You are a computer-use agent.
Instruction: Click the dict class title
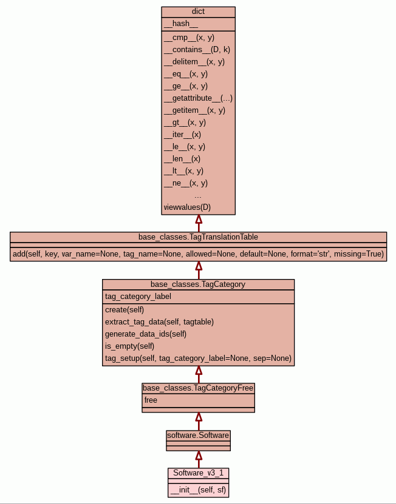[198, 12]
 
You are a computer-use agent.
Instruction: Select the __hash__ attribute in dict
[181, 24]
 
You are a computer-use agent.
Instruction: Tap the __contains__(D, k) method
[197, 50]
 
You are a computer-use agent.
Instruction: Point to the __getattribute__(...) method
[198, 98]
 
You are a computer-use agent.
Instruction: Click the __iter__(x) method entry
[182, 135]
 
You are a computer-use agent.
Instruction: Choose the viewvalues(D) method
[187, 207]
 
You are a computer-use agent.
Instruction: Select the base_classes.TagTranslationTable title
[198, 237]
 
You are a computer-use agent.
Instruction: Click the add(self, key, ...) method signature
[198, 254]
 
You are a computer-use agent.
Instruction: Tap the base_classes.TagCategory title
[198, 284]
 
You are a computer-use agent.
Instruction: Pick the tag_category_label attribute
[138, 297]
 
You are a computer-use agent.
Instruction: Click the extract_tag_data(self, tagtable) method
[159, 322]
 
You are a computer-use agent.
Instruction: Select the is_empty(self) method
[130, 346]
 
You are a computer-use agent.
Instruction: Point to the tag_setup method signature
[198, 358]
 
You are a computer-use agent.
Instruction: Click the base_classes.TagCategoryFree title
[198, 388]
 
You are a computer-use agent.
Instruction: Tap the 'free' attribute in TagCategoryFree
[151, 400]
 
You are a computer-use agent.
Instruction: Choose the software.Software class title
[198, 435]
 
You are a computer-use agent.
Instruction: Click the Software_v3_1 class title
[198, 473]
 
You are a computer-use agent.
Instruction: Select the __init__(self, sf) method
[198, 489]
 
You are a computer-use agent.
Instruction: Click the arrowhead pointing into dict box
[198, 220]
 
